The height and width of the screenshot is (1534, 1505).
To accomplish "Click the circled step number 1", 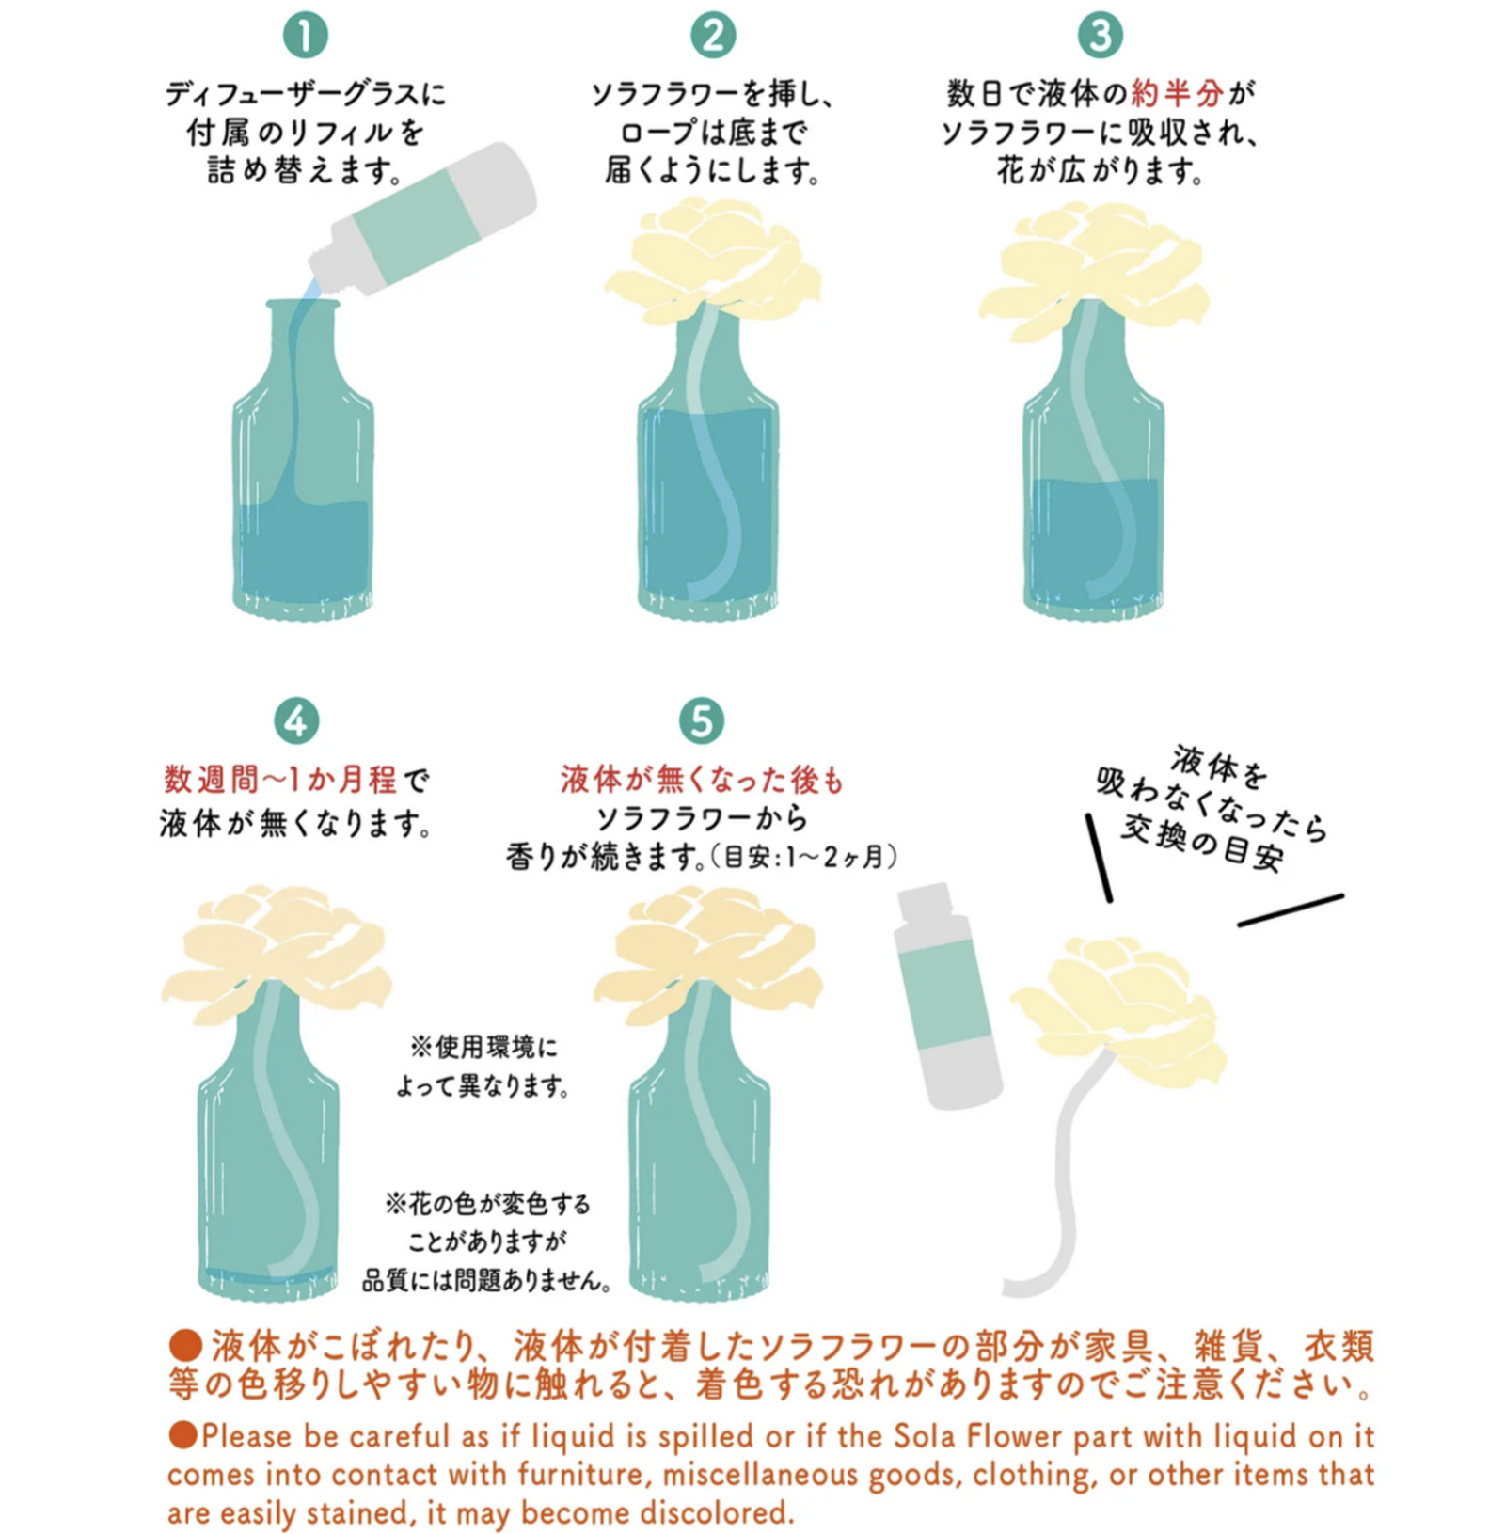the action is (305, 36).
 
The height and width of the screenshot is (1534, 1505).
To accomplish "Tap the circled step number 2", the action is (713, 36).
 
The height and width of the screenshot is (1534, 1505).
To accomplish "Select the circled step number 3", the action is (1100, 36).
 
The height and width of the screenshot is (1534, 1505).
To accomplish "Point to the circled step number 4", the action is (296, 721).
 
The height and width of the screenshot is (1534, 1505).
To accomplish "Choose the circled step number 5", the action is (702, 721).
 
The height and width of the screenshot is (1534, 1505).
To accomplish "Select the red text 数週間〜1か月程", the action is (280, 780).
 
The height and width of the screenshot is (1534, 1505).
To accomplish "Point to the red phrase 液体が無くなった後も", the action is (703, 780).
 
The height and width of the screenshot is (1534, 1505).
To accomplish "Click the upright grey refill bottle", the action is (948, 995).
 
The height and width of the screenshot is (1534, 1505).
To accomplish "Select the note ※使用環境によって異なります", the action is (483, 1067).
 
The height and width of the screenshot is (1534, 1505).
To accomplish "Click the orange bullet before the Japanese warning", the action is (185, 1344).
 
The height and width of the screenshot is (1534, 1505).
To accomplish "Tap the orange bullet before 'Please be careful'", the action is (183, 1434).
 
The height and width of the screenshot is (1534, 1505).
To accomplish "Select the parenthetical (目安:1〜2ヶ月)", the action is (802, 857).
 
